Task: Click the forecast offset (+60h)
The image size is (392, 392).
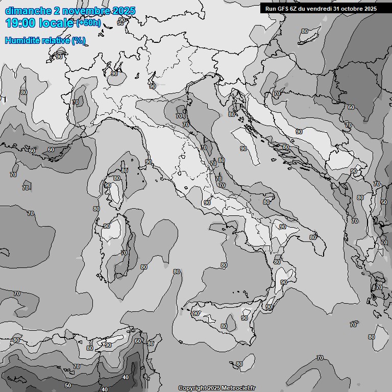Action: [x=89, y=23]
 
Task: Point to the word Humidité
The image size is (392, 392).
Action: [x=21, y=40]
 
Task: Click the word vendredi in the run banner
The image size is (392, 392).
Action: [x=320, y=8]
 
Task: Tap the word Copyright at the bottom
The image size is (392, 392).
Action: [x=192, y=388]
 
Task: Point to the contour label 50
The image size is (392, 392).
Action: [x=68, y=385]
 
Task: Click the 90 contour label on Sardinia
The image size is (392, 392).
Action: [x=107, y=226]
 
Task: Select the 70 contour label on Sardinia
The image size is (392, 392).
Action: [x=124, y=253]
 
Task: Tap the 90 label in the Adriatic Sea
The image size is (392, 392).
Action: [x=243, y=149]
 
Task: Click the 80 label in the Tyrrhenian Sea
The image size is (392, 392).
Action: [x=224, y=265]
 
